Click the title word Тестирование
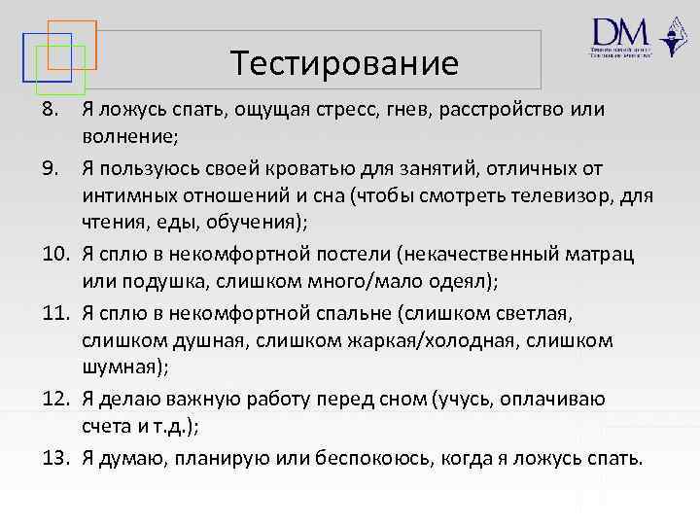pyautogui.click(x=345, y=64)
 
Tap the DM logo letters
pyautogui.click(x=618, y=31)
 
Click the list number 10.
pyautogui.click(x=53, y=256)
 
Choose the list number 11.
pyautogui.click(x=53, y=314)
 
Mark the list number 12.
pyautogui.click(x=53, y=400)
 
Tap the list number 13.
pyautogui.click(x=53, y=458)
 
